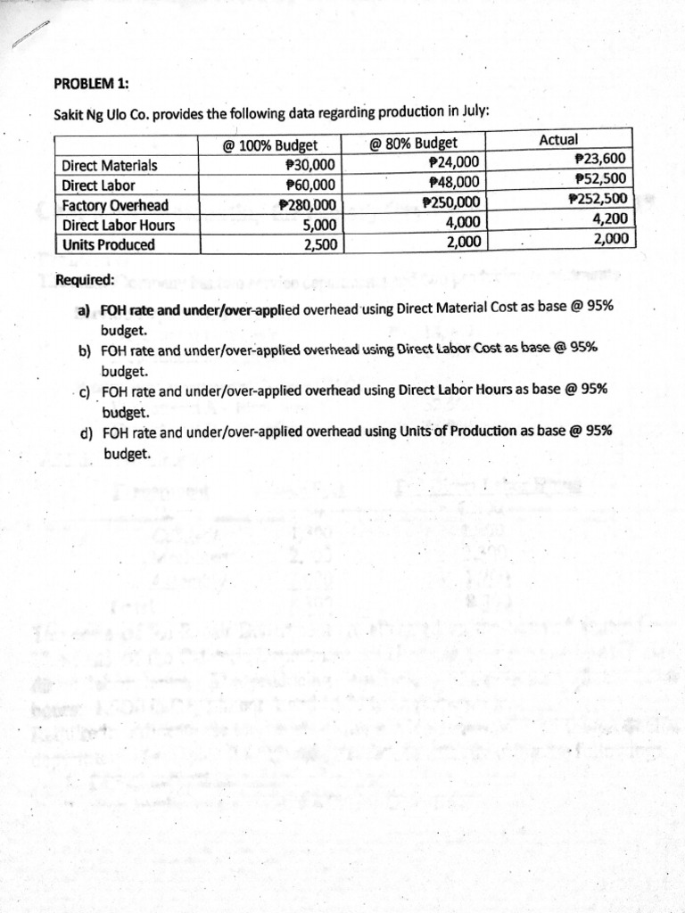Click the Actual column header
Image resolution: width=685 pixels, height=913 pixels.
[x=558, y=140]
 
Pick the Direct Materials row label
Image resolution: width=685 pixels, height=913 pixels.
[x=109, y=166]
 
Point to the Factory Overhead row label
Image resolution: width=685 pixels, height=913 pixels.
[x=115, y=206]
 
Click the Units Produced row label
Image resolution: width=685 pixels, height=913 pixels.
[x=108, y=245]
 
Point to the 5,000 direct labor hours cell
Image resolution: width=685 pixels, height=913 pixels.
[x=318, y=226]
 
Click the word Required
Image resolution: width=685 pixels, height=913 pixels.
[x=85, y=280]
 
